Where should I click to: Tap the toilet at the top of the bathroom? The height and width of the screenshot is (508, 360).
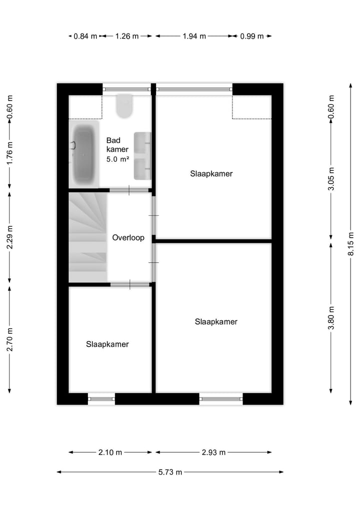coord(124,105)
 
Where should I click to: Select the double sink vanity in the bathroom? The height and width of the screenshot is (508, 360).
coord(142,155)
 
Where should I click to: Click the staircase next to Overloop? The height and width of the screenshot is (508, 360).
coord(88,238)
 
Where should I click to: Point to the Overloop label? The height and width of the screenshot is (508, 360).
coord(128,238)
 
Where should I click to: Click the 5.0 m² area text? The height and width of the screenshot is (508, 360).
coord(118,159)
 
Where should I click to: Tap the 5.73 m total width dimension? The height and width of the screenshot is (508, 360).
coord(170,472)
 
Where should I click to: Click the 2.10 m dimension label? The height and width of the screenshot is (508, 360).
coord(110,453)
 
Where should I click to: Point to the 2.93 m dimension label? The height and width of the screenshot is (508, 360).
coord(213,453)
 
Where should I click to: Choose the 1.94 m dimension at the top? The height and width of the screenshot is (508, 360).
coord(194,36)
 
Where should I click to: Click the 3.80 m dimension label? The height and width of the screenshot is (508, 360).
coord(331,318)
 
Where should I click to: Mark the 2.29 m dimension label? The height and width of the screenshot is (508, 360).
coord(9,238)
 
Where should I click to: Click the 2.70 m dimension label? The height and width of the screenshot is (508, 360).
coord(9,339)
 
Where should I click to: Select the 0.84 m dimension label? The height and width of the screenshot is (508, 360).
coord(85,36)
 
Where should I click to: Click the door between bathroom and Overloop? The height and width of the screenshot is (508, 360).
coord(129,190)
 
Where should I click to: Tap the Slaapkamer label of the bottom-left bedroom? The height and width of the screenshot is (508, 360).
coord(107,344)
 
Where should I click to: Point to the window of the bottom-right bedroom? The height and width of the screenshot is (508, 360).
coord(221,399)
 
